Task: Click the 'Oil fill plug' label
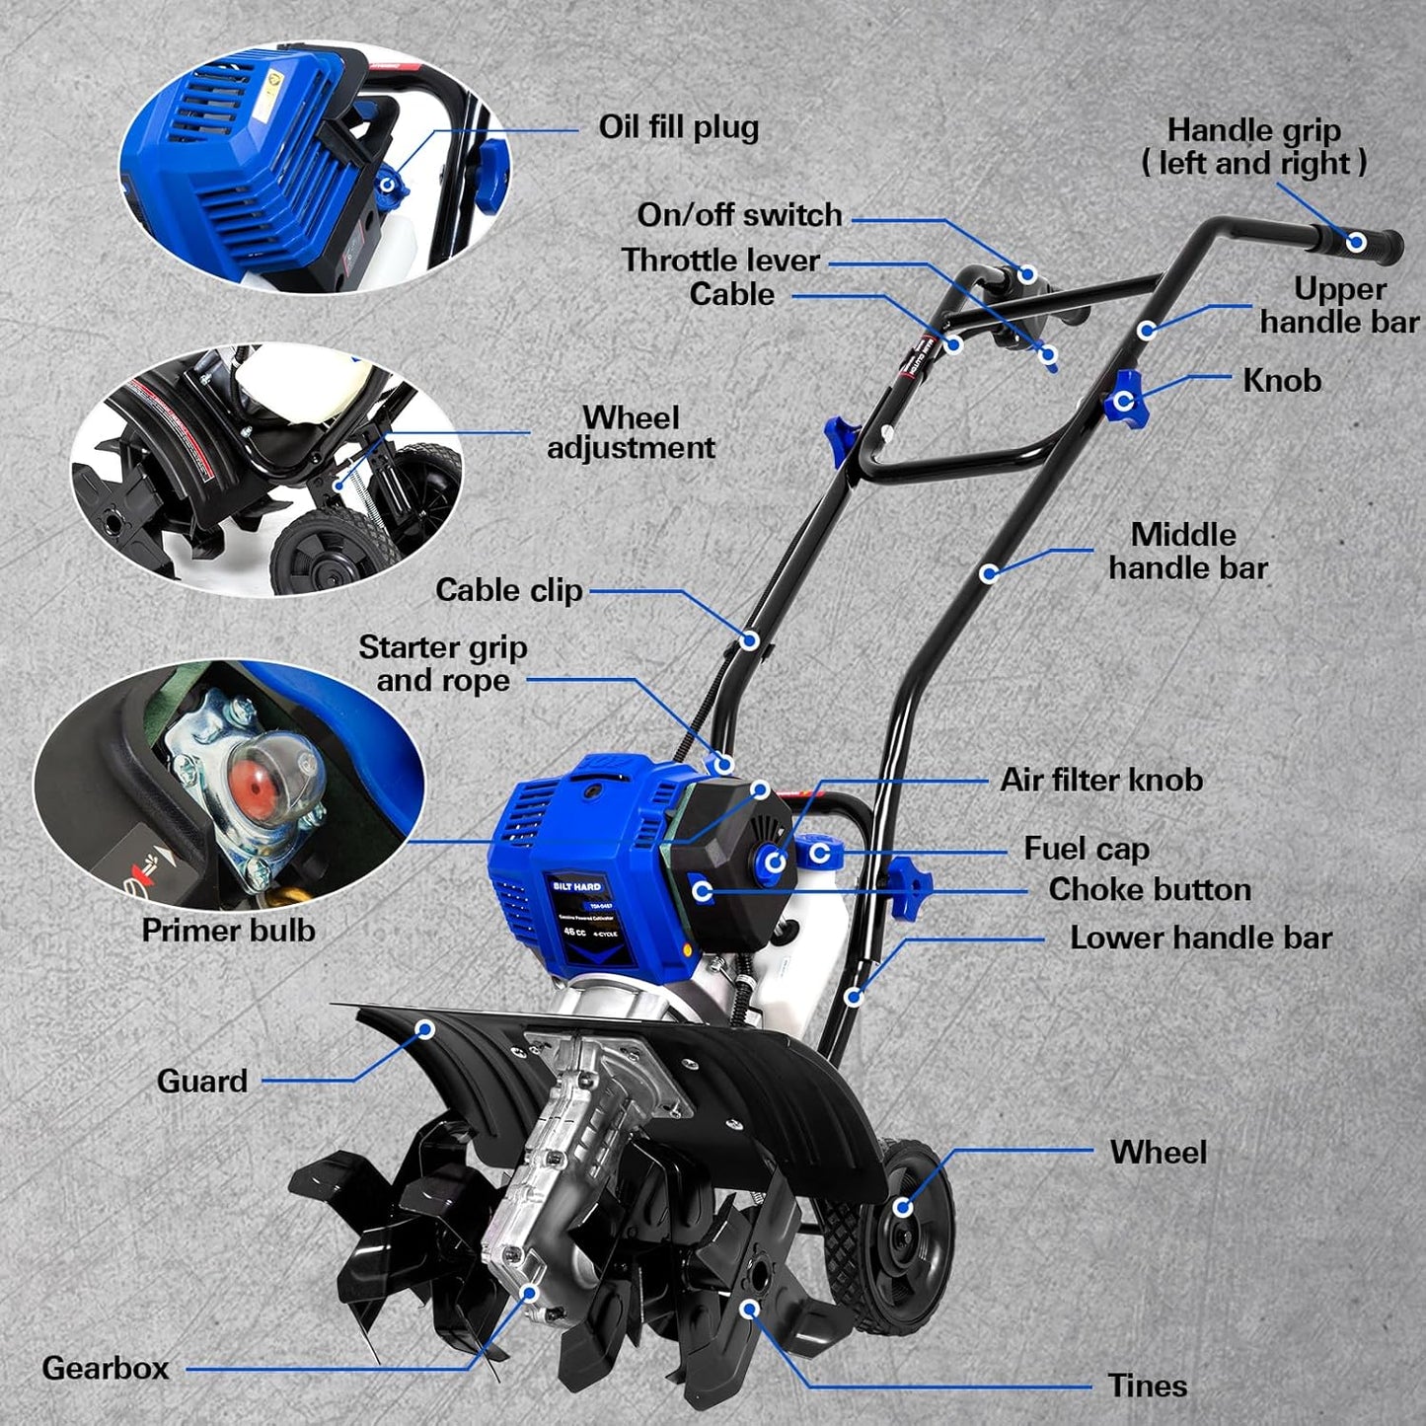pyautogui.click(x=678, y=127)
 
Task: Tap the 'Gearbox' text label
pyautogui.click(x=106, y=1368)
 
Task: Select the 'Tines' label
pyautogui.click(x=1147, y=1386)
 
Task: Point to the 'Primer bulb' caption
pyautogui.click(x=228, y=931)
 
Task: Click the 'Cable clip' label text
pyautogui.click(x=508, y=590)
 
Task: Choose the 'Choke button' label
pyautogui.click(x=1149, y=889)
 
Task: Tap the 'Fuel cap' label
pyautogui.click(x=1086, y=849)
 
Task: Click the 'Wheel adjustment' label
pyautogui.click(x=631, y=432)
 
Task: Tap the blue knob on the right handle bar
pyautogui.click(x=1123, y=401)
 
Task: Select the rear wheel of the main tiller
pyautogui.click(x=900, y=1209)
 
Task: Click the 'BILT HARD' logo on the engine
pyautogui.click(x=576, y=886)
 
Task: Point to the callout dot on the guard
pyautogui.click(x=425, y=1029)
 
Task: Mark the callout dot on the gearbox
pyautogui.click(x=530, y=1293)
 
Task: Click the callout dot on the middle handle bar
pyautogui.click(x=988, y=573)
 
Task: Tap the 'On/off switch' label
pyautogui.click(x=739, y=215)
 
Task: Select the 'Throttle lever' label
pyautogui.click(x=720, y=261)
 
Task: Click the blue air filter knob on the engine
pyautogui.click(x=775, y=862)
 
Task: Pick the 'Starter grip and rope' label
pyautogui.click(x=442, y=663)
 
